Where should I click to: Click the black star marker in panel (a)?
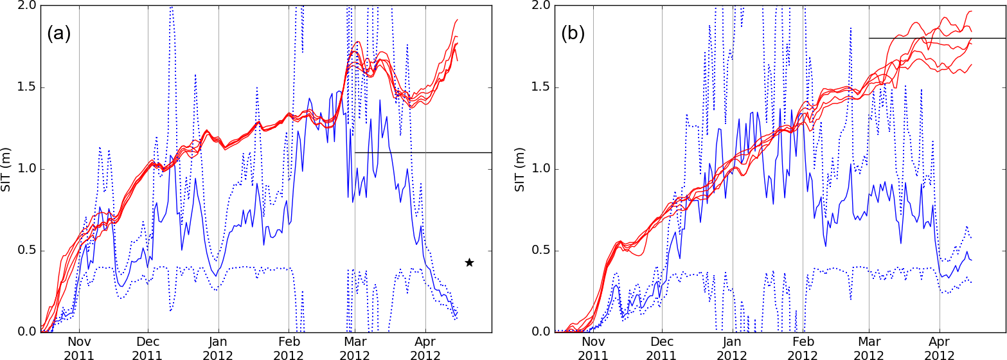click(469, 262)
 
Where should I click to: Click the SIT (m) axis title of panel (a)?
click(8, 168)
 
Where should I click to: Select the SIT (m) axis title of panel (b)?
click(522, 168)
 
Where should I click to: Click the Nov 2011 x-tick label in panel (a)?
click(79, 347)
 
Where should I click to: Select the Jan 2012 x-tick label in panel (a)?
click(218, 347)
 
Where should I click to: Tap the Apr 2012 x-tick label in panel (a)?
click(425, 347)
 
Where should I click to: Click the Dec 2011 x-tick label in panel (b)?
click(662, 347)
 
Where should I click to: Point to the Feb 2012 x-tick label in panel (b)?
click(803, 347)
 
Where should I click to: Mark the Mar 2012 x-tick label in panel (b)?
click(869, 347)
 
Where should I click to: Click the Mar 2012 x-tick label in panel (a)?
click(355, 347)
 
